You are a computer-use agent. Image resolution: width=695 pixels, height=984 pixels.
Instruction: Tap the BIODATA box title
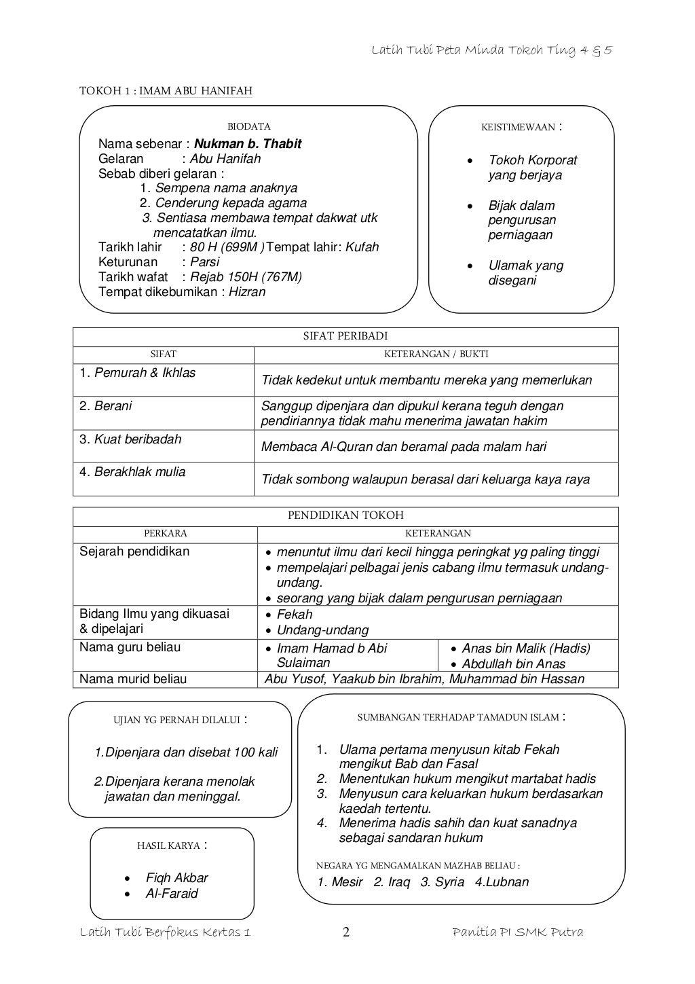[248, 126]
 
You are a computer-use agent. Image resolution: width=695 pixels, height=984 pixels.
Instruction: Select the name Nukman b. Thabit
[248, 144]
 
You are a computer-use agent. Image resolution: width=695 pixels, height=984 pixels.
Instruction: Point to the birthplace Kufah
[362, 247]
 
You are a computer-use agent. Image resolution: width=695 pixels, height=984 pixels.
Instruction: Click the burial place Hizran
[247, 292]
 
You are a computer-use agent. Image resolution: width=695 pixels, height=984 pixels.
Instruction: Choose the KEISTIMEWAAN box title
[518, 127]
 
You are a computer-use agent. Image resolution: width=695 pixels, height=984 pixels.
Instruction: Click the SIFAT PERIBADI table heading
[345, 336]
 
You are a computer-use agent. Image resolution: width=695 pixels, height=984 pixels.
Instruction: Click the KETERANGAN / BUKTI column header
[436, 354]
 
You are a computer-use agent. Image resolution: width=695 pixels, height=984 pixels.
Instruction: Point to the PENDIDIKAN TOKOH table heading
[345, 515]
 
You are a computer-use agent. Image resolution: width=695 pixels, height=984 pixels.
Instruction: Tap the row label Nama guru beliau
[130, 647]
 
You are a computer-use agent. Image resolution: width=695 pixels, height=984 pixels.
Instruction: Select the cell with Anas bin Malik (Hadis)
[526, 649]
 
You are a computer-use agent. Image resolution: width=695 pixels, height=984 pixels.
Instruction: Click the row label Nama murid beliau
[133, 679]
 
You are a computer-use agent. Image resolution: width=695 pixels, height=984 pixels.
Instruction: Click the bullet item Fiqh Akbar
[176, 877]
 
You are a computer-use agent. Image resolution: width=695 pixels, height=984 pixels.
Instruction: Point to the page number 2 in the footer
[346, 932]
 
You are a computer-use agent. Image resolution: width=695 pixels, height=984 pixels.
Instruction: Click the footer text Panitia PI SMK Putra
[517, 932]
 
